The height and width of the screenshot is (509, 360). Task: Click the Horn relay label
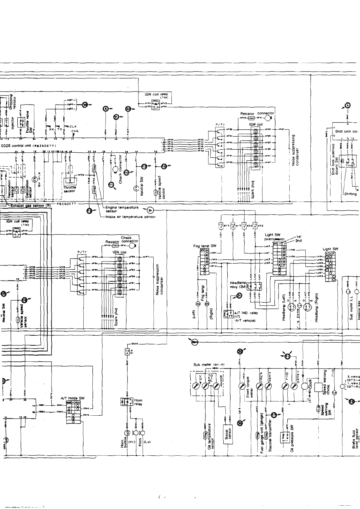pos(138,402)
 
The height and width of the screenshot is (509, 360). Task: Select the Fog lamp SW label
pos(205,246)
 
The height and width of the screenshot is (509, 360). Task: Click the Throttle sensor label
pos(69,189)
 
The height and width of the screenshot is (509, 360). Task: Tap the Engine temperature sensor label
pos(122,209)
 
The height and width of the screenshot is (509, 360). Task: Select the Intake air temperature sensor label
pos(130,217)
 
